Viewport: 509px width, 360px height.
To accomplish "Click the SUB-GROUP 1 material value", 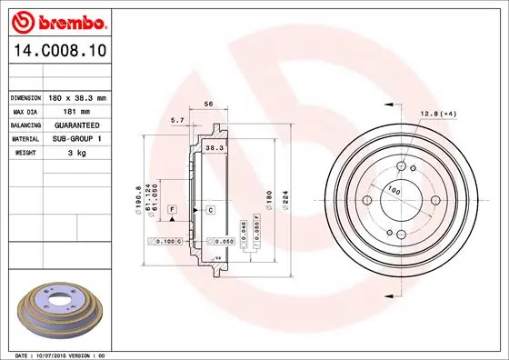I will (x=76, y=139).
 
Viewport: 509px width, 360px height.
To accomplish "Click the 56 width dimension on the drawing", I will (x=208, y=104).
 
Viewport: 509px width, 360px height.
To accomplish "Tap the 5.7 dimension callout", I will (x=177, y=119).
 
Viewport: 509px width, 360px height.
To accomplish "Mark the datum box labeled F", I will (x=171, y=210).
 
